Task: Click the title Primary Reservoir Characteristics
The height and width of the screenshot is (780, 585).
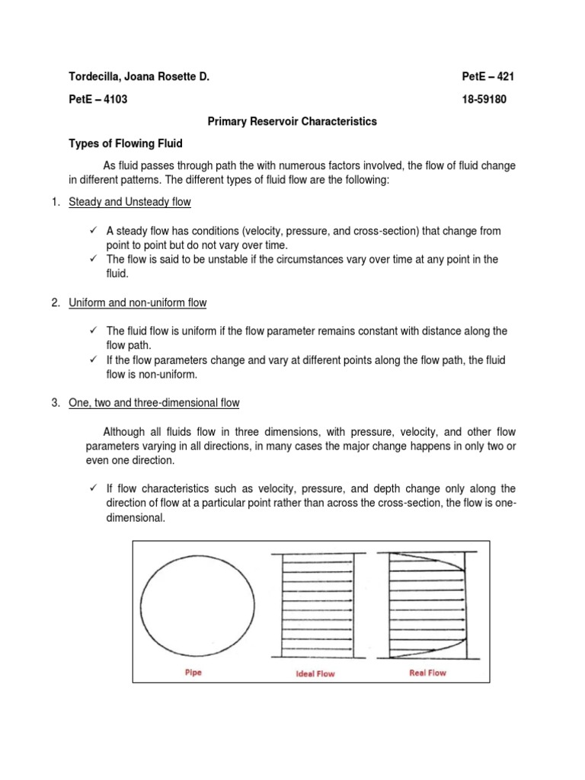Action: click(292, 121)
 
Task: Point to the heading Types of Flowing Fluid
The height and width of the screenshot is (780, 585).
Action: click(126, 143)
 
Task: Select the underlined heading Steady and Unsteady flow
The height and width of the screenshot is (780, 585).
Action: click(129, 202)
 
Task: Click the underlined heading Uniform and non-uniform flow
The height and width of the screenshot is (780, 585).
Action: click(137, 302)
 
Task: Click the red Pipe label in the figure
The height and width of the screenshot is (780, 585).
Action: click(193, 673)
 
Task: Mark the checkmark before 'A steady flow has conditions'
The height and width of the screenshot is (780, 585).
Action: click(93, 231)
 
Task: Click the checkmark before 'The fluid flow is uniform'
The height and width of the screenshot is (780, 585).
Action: click(93, 331)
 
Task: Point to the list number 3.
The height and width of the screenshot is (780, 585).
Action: click(56, 402)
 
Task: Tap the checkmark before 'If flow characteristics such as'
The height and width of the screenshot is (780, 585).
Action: click(93, 488)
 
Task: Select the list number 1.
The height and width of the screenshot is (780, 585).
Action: click(56, 202)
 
